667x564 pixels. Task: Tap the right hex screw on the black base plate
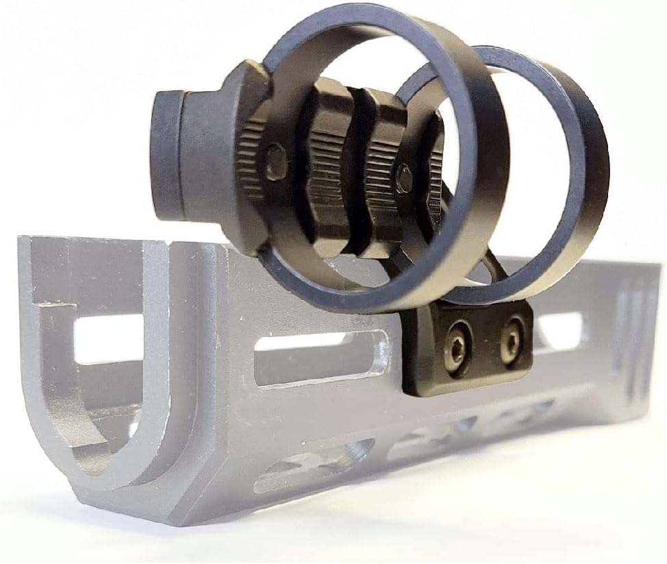click(x=510, y=340)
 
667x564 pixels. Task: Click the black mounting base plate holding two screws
click(x=473, y=346)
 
